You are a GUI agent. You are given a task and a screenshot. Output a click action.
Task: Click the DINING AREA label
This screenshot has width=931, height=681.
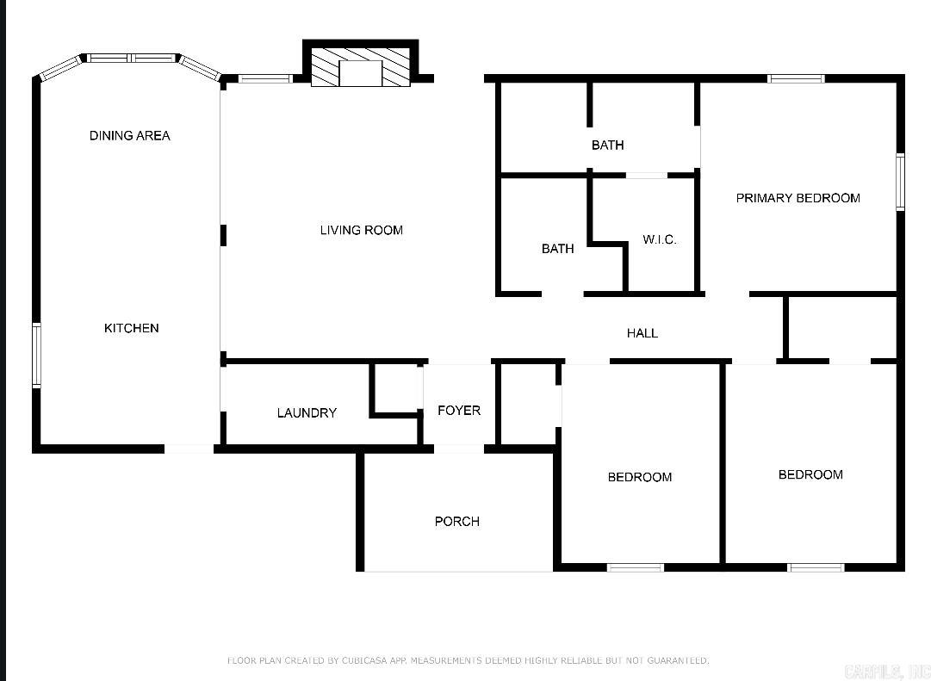[130, 135]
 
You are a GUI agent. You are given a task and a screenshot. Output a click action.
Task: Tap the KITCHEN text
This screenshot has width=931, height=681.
[132, 328]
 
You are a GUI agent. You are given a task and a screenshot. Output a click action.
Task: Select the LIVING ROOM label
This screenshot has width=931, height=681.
[361, 230]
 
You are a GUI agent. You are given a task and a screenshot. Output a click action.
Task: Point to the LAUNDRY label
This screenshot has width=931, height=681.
[307, 413]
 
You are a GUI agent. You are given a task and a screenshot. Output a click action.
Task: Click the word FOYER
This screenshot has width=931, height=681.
[459, 411]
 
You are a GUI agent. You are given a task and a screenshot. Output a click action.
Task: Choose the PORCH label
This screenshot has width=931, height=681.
[456, 522]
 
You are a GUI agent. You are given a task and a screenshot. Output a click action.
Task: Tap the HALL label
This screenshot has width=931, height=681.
[642, 333]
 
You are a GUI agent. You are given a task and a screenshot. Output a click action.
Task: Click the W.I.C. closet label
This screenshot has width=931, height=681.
[660, 239]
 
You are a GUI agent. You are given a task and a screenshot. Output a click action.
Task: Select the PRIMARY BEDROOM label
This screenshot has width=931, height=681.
[798, 198]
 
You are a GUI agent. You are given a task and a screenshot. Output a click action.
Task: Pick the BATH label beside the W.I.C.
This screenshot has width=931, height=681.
[557, 249]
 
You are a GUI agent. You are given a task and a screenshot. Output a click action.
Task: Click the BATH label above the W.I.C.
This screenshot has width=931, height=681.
[607, 145]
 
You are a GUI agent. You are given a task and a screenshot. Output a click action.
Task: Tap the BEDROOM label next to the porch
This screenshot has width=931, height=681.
[639, 477]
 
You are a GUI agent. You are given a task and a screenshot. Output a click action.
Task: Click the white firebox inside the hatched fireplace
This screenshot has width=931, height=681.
[360, 73]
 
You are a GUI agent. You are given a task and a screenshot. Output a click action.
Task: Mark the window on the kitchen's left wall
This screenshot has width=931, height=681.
[36, 355]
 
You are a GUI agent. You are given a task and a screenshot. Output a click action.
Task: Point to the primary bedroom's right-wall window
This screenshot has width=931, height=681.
[899, 182]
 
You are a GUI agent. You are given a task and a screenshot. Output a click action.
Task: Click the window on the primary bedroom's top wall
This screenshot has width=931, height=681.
[796, 79]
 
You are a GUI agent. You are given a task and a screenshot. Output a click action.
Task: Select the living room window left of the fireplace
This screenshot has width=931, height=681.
[264, 79]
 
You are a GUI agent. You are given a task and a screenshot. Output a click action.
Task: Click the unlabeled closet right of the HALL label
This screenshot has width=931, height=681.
[841, 327]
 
